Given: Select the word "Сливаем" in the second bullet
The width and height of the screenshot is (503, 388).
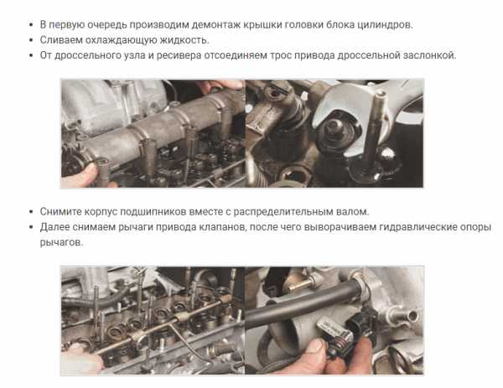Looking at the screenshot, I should pyautogui.click(x=61, y=39).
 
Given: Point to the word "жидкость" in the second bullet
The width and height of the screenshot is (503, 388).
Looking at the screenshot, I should pyautogui.click(x=184, y=39).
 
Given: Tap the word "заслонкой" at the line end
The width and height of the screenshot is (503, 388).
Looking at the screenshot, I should pyautogui.click(x=428, y=55).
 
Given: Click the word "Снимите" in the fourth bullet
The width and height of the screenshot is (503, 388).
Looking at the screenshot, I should pyautogui.click(x=61, y=211).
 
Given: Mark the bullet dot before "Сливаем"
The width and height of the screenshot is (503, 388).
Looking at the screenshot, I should pyautogui.click(x=31, y=40).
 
